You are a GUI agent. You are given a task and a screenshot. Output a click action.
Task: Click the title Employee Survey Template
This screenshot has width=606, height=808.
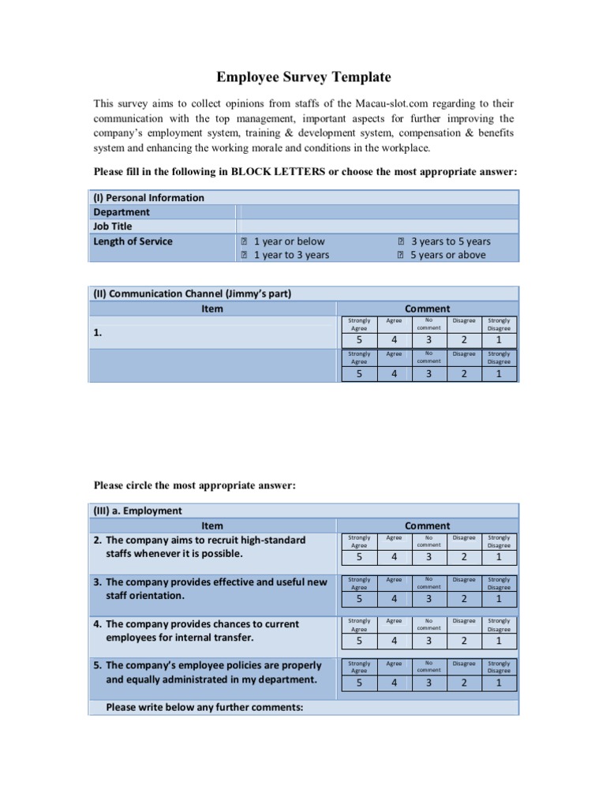(x=304, y=77)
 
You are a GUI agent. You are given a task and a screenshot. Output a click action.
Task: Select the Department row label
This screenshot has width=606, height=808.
(x=122, y=211)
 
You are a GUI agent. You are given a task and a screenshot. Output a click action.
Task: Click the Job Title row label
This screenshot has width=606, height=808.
(x=113, y=226)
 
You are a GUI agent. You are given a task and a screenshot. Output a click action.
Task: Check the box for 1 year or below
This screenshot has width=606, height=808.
(x=245, y=241)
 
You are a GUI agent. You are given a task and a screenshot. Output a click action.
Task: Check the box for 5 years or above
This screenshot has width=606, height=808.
(x=401, y=255)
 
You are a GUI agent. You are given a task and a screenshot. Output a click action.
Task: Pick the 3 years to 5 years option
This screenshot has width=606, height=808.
(x=450, y=241)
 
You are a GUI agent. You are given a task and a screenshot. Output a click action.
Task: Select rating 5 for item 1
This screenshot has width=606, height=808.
(x=359, y=340)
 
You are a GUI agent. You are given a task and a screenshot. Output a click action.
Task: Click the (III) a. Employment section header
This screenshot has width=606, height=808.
(x=138, y=511)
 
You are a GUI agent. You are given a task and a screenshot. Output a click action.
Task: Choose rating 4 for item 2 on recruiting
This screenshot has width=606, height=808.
(x=394, y=557)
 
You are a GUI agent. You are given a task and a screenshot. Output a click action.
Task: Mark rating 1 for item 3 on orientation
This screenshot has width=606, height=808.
(x=499, y=599)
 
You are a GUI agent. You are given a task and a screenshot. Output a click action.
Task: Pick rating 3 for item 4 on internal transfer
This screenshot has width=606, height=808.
(x=428, y=641)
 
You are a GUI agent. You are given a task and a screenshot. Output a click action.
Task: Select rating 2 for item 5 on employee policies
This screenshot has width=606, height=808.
(x=464, y=683)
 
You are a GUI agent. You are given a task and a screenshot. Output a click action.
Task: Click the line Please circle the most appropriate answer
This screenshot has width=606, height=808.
(x=195, y=485)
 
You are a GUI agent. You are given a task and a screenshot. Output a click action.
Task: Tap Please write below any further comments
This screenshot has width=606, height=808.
(x=204, y=707)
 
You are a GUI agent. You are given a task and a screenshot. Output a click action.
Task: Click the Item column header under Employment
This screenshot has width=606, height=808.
(x=212, y=526)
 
